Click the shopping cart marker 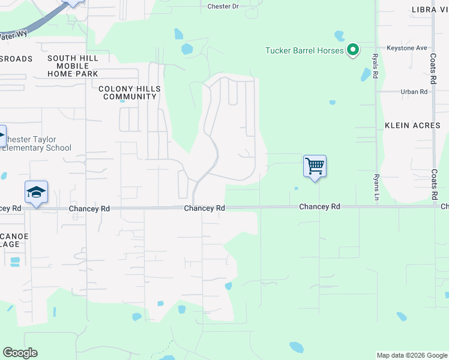tap(315, 166)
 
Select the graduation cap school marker tap(36, 193)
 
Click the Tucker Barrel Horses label tap(304, 50)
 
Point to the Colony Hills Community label tap(129, 92)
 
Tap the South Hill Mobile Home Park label tap(73, 65)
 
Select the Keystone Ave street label tap(406, 48)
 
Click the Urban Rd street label tap(414, 92)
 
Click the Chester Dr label tap(223, 6)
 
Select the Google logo tap(20, 353)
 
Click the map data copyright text tap(411, 355)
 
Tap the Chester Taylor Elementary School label tap(37, 144)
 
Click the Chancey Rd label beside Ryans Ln tap(320, 206)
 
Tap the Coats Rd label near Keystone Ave tap(433, 66)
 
